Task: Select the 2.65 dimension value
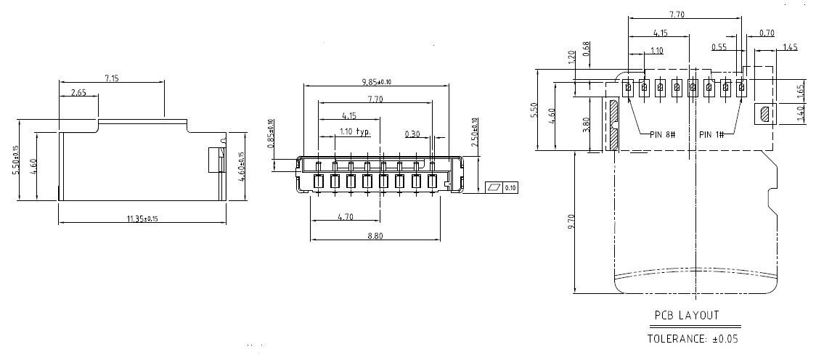79,92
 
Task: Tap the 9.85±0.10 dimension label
375,81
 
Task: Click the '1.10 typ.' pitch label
355,132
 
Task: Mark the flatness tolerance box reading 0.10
503,188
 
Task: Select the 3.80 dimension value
587,125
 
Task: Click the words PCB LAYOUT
686,315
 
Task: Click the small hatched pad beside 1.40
764,115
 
